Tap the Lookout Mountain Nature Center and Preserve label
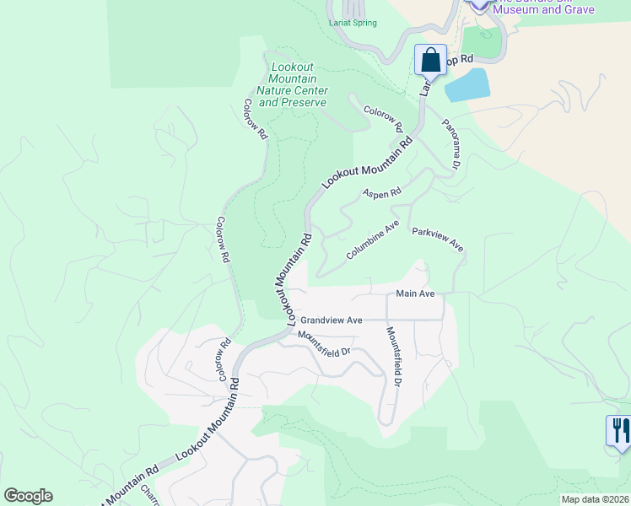click(x=292, y=85)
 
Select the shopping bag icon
click(x=430, y=60)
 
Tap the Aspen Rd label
click(x=382, y=193)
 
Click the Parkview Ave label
click(x=438, y=240)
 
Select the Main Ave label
click(x=415, y=293)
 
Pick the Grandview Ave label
click(x=332, y=320)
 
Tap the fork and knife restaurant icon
click(x=619, y=431)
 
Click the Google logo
click(x=28, y=496)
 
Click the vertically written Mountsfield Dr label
click(x=393, y=357)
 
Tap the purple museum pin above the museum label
click(x=480, y=3)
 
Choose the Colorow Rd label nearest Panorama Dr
click(x=382, y=117)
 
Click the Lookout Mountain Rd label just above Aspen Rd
click(x=368, y=164)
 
